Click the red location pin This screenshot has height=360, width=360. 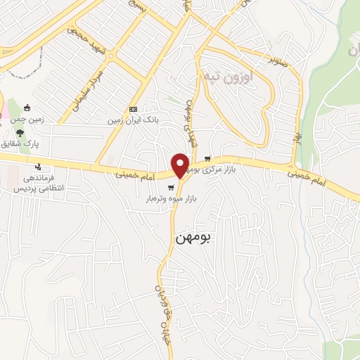point(181,165)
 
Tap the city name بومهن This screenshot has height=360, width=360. point(191,238)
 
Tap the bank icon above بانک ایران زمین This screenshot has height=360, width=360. point(133,109)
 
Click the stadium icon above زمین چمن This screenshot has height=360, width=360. point(27,108)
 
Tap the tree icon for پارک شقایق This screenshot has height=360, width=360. point(21,131)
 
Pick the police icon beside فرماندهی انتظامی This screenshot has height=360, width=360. point(38,167)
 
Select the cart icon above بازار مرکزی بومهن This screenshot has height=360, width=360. point(207,158)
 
